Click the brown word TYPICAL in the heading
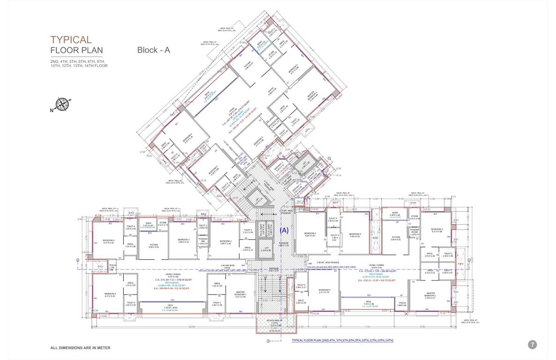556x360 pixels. coord(71,40)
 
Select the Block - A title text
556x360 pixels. coord(153,50)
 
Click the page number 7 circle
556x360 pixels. coord(532,345)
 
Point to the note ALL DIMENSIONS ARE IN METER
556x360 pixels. coord(80,348)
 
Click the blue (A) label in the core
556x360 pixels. coord(283,231)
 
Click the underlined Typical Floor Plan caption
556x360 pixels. coord(342,340)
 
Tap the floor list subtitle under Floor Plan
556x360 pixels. coord(79,64)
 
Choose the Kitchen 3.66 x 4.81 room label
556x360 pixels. coord(396,238)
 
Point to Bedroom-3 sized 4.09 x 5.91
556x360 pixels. coord(310,234)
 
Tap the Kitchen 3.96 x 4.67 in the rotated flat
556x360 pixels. coord(248,65)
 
